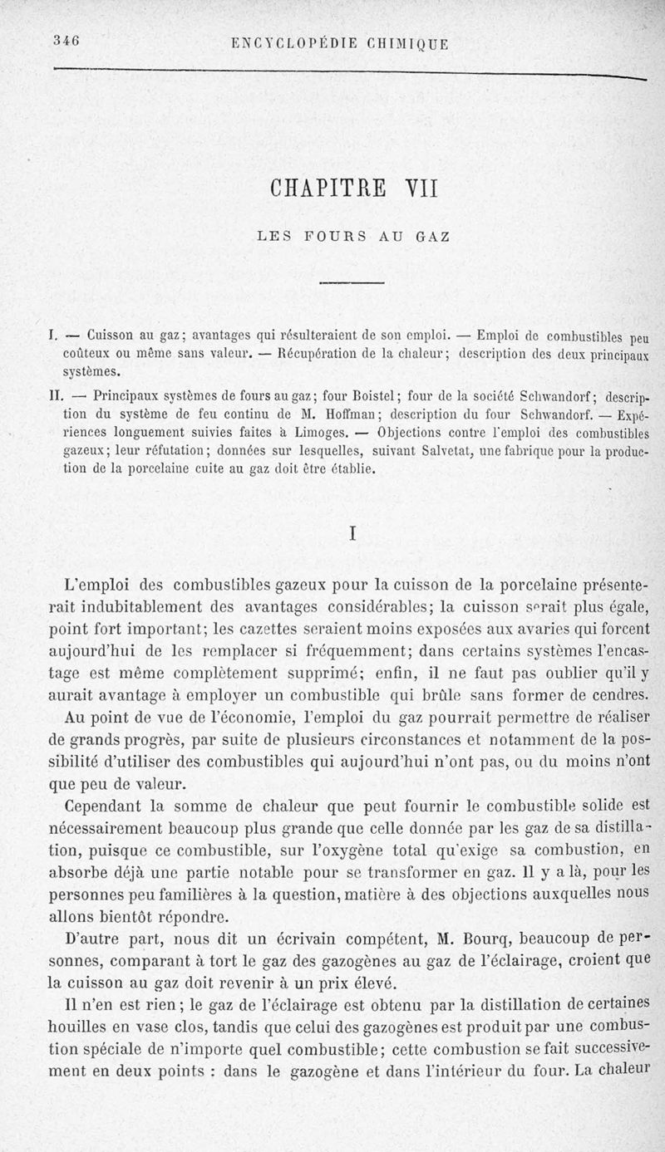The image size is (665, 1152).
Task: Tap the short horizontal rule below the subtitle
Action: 352,283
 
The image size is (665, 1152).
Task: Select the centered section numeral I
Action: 352,537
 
